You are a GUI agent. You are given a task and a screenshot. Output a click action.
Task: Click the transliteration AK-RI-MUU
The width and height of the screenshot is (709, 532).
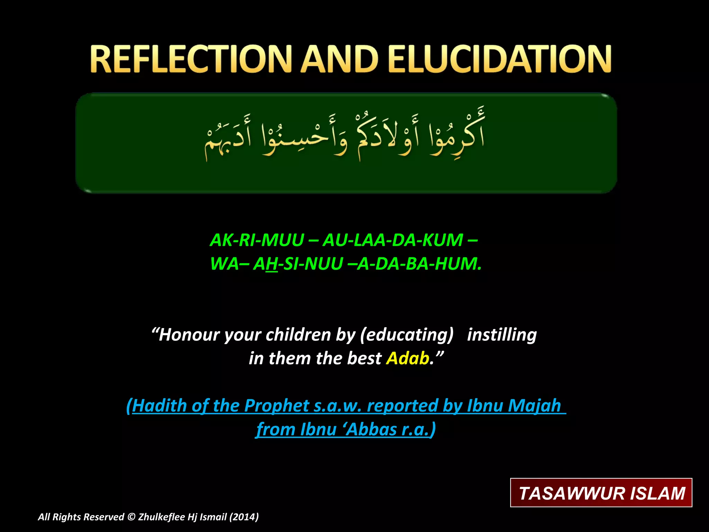[257, 240]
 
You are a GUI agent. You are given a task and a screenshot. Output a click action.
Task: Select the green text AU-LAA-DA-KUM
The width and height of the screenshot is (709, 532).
[393, 240]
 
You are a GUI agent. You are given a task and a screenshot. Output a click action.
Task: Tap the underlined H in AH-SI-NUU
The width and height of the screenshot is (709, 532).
[272, 264]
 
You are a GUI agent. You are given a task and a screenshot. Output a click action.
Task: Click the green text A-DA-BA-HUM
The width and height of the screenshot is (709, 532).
[419, 264]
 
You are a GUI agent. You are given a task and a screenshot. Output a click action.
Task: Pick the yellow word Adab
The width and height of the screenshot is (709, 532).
[408, 358]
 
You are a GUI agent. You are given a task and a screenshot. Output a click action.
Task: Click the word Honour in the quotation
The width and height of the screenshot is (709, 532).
[189, 335]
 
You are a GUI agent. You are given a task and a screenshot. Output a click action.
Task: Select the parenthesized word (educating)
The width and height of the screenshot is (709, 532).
[406, 335]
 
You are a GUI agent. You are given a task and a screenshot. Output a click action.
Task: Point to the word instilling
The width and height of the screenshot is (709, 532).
[502, 335]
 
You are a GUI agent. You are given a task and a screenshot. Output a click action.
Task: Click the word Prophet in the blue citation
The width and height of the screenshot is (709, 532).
[277, 406]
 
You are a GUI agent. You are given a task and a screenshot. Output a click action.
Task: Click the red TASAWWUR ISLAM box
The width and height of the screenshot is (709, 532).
[601, 493]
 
